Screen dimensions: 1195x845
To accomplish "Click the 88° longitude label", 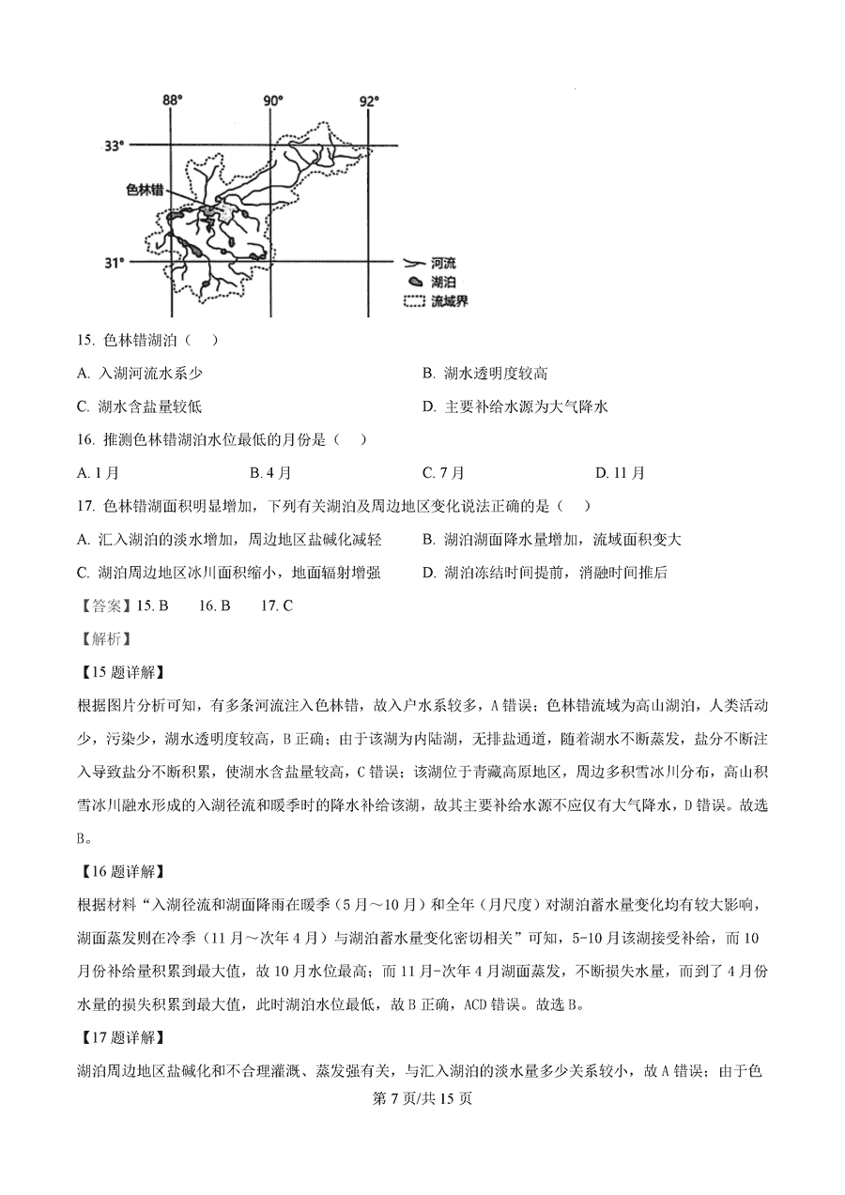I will coord(172,100).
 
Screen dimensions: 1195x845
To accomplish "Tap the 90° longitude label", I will coord(272,100).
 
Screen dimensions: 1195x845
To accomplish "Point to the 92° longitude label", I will coord(369,100).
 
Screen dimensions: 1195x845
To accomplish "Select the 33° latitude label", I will coord(114,146).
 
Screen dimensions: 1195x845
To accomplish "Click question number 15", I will coord(86,339).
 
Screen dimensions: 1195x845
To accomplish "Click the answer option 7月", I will coord(443,473).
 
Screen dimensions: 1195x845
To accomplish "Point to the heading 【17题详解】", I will coord(121,1037).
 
